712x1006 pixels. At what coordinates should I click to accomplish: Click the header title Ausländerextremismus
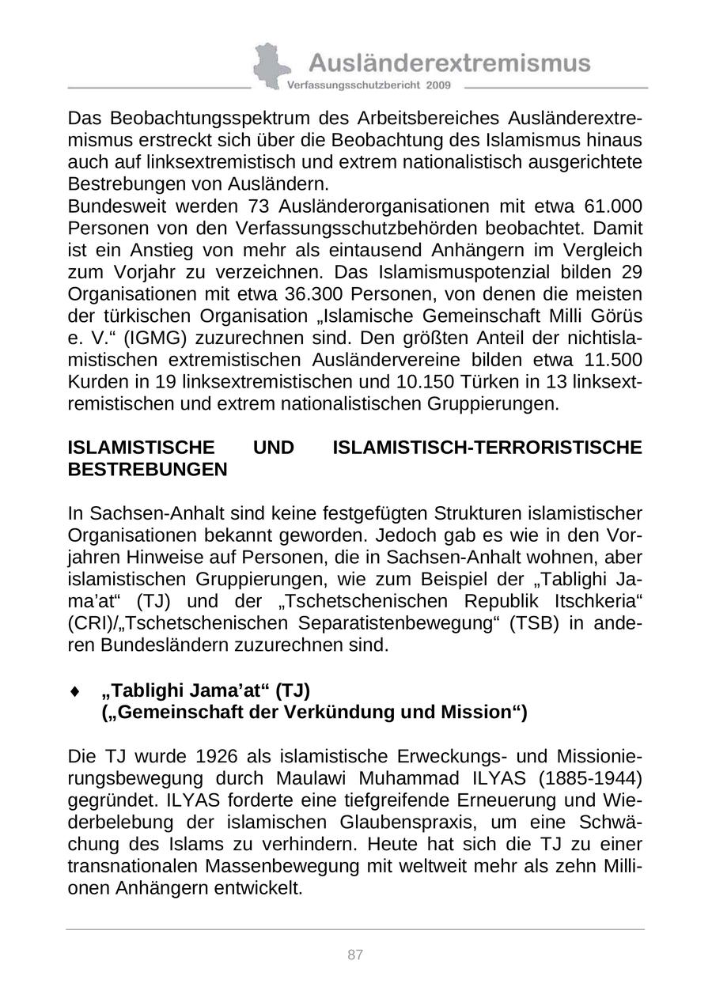(x=449, y=62)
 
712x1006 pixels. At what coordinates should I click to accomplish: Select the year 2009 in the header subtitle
(x=438, y=85)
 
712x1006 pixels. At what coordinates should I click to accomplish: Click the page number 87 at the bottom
(x=355, y=955)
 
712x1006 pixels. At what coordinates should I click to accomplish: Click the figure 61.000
(x=612, y=206)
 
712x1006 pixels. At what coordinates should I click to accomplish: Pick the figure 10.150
(x=431, y=382)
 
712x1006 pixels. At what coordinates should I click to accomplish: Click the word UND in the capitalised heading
(x=273, y=448)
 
